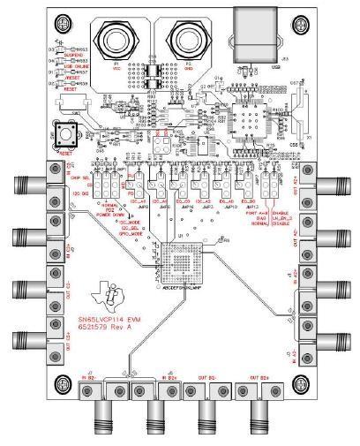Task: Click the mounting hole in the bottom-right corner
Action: (309, 381)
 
